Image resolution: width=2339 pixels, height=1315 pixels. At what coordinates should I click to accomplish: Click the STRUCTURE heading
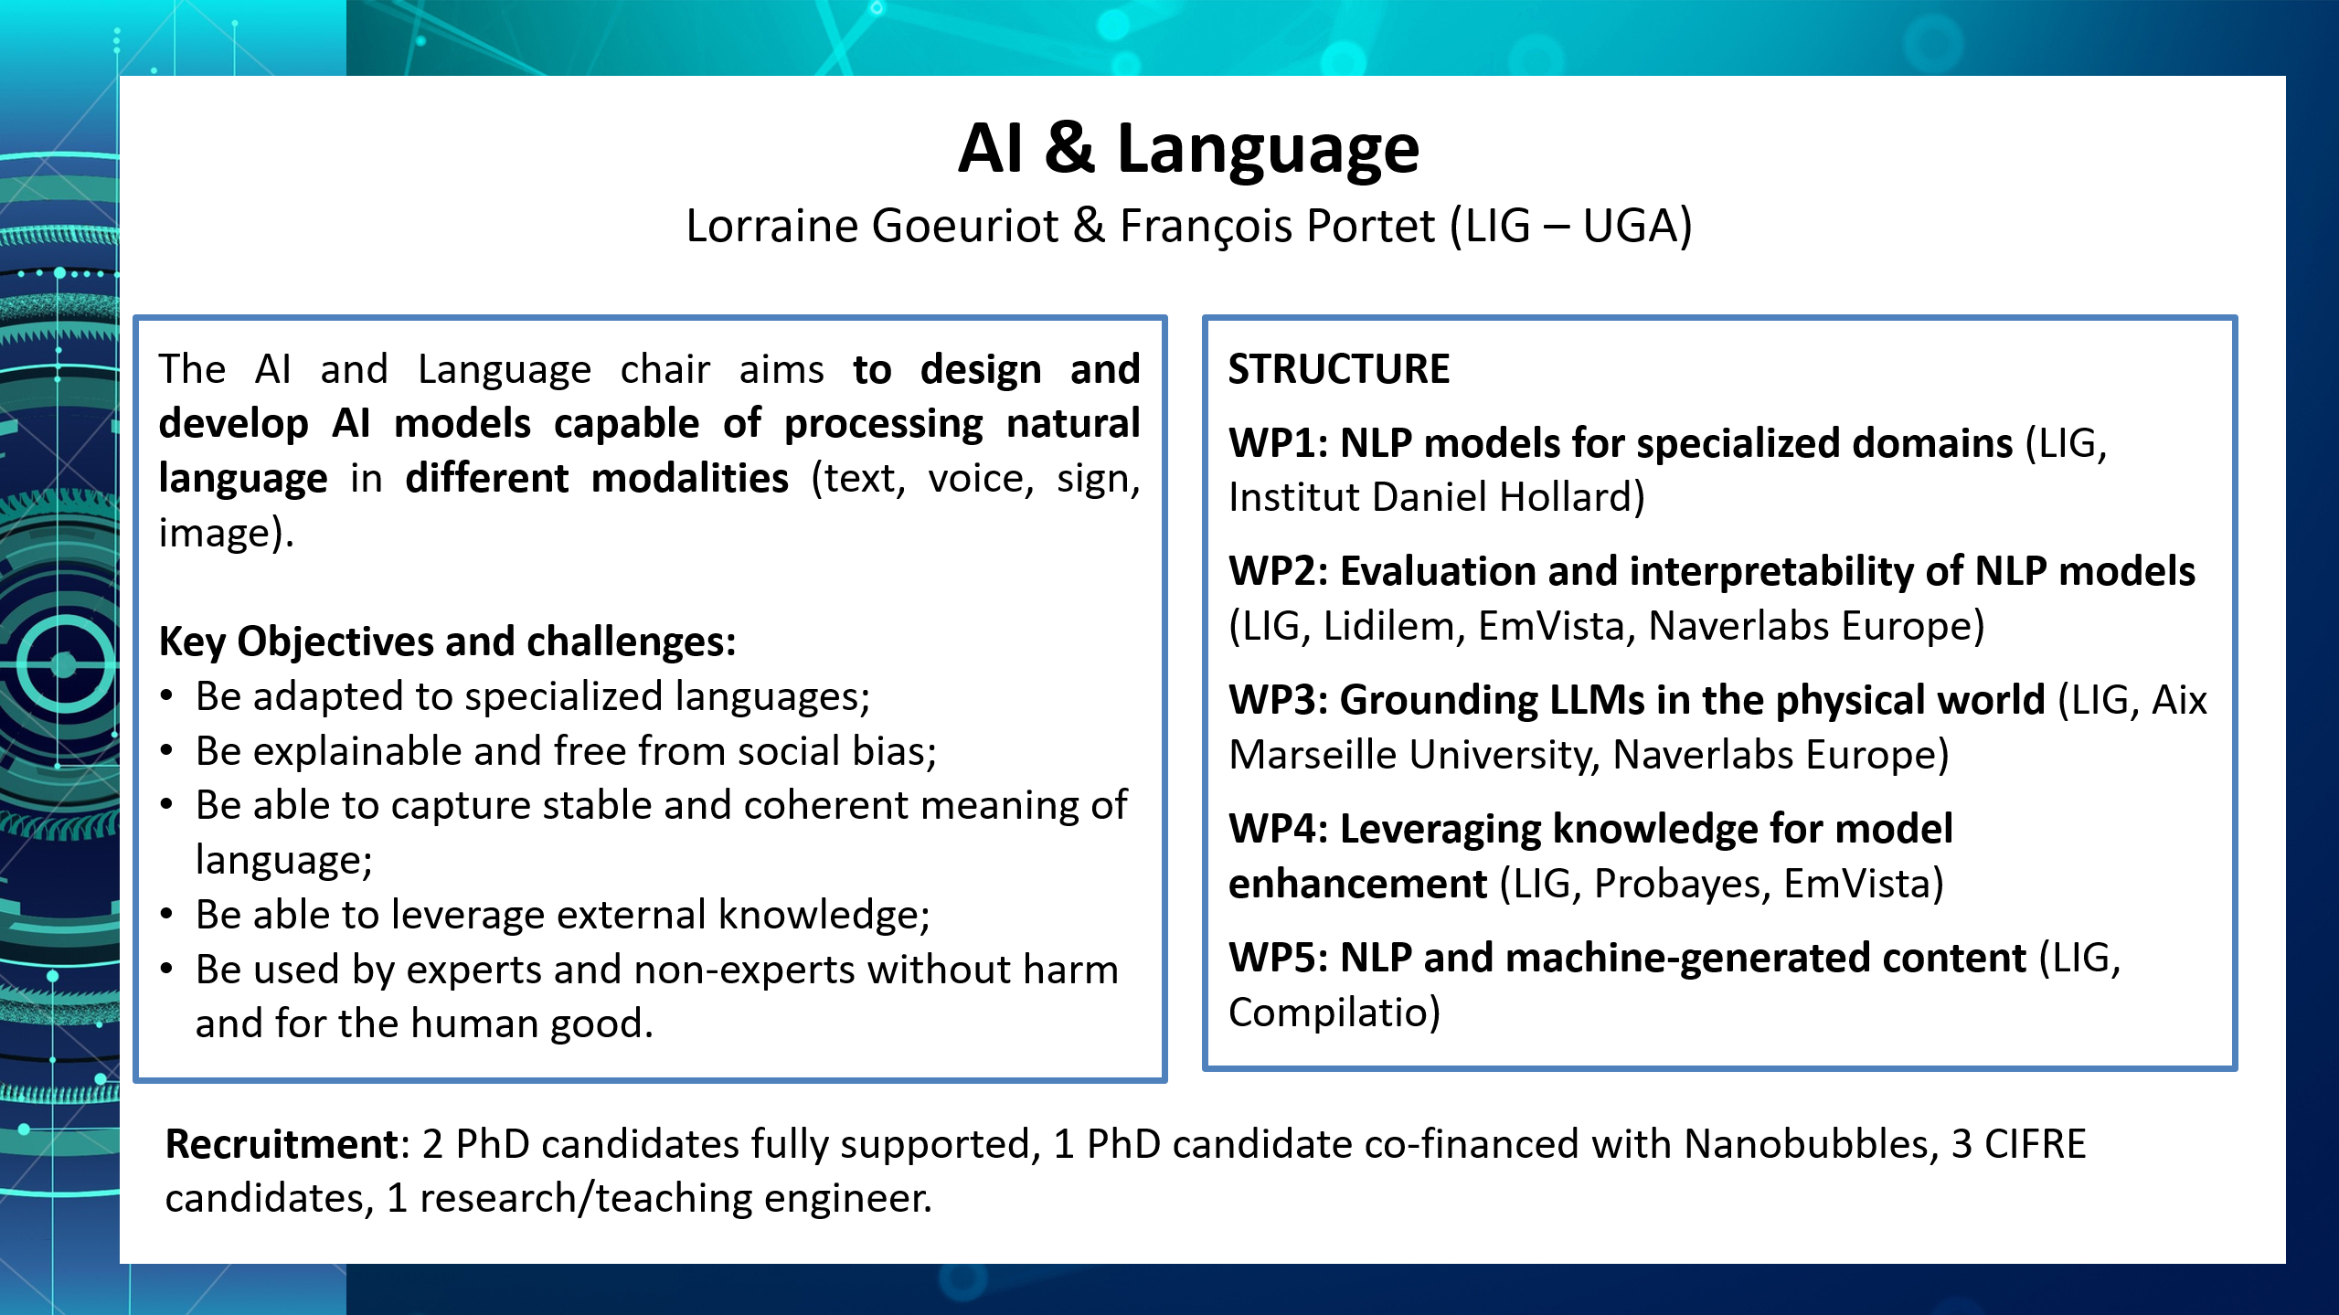1339,369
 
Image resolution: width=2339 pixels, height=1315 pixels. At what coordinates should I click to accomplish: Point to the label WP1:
1278,443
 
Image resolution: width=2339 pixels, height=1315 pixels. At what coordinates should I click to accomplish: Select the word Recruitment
282,1144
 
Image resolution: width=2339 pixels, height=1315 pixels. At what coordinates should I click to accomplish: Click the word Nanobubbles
1805,1144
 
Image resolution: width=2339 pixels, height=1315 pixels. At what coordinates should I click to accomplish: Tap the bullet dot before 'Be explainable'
166,751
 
